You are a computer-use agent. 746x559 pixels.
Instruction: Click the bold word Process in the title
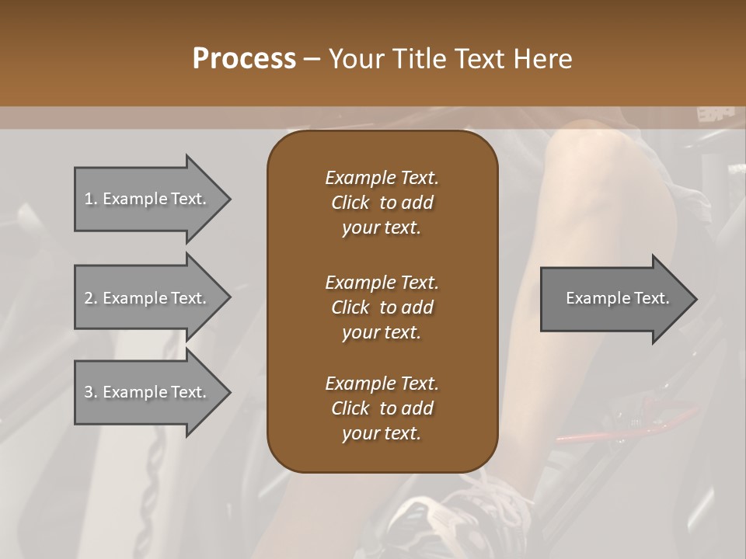coord(244,59)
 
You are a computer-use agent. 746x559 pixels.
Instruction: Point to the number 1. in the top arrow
coord(91,199)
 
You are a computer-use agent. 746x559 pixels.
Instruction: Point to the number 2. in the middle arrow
coord(91,298)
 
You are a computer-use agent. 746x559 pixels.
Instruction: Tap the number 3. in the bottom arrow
coord(91,392)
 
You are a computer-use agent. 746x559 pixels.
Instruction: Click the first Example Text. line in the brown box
coord(382,178)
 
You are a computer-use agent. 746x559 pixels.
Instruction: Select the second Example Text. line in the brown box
coord(382,283)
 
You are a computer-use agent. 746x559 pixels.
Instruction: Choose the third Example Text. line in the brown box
coord(382,384)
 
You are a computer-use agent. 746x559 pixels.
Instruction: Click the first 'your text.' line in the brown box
coord(382,228)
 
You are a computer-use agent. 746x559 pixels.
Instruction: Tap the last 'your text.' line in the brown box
coord(382,434)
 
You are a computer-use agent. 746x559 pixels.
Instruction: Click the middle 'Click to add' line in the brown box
coord(382,307)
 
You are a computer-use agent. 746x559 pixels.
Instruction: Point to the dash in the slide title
coord(312,59)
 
